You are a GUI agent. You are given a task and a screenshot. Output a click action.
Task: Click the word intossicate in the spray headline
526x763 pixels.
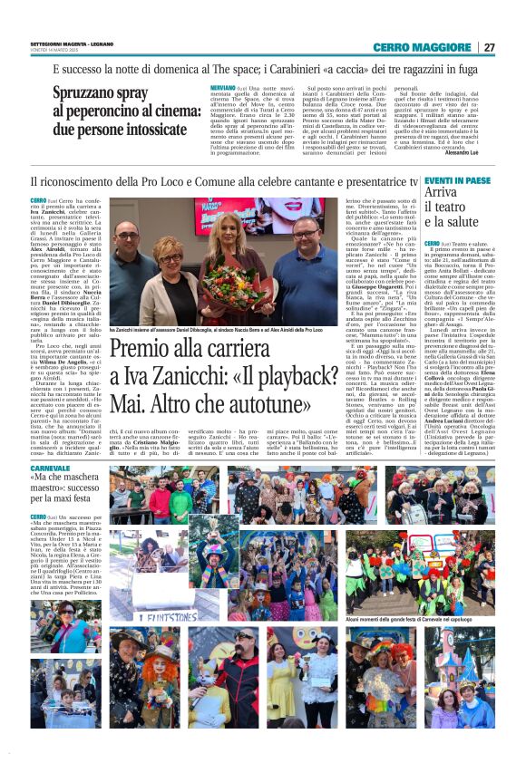click(x=146, y=128)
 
